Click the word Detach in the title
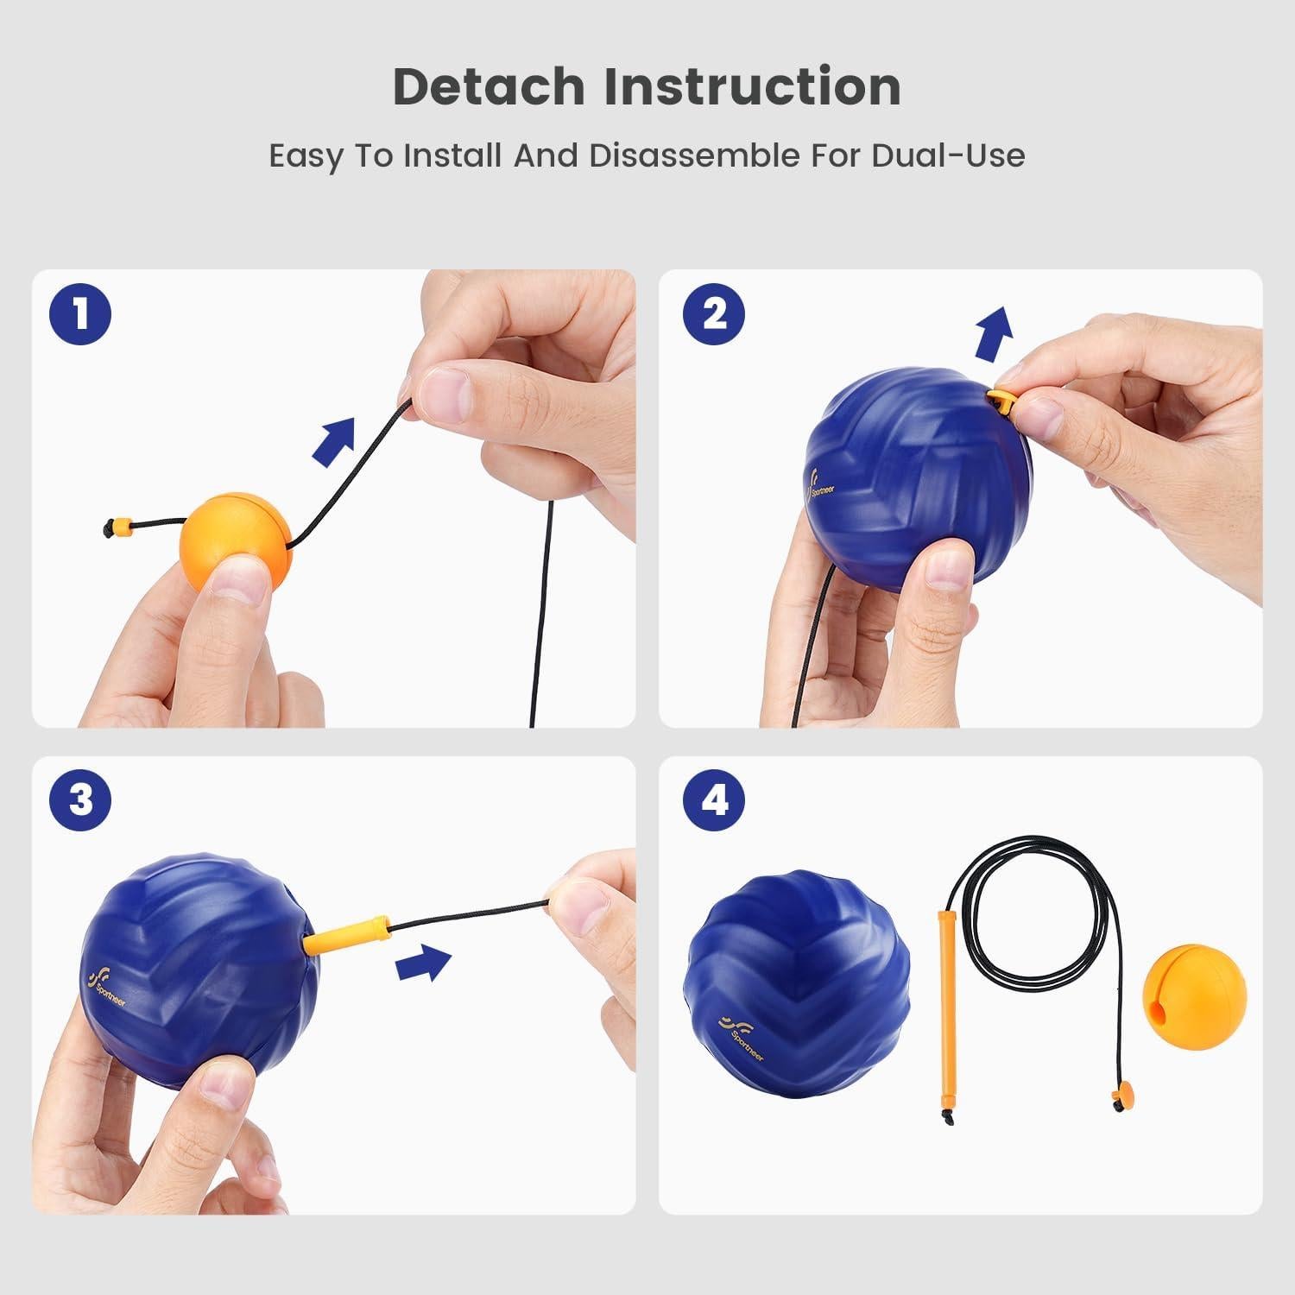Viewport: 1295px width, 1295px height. click(488, 86)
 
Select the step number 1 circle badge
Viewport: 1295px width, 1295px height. click(80, 314)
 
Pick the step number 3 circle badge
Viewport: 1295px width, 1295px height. click(80, 800)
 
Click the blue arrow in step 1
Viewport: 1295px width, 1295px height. click(333, 442)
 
